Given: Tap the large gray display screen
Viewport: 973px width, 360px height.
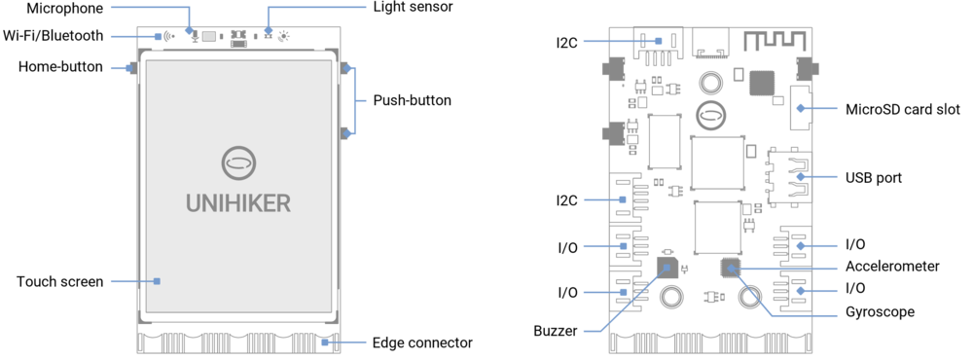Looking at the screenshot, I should click(x=239, y=185).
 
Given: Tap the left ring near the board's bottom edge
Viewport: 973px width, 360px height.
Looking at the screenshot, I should click(x=669, y=295).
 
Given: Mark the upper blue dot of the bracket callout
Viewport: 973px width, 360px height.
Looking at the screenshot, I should click(x=346, y=69).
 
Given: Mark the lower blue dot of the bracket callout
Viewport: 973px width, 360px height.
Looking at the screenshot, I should click(x=346, y=133).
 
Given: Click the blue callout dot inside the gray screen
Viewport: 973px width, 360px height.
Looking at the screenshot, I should click(x=160, y=281).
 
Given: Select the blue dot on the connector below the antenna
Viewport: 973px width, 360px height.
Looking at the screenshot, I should click(x=800, y=109).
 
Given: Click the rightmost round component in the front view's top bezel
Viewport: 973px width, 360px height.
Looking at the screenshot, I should click(x=283, y=36).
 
